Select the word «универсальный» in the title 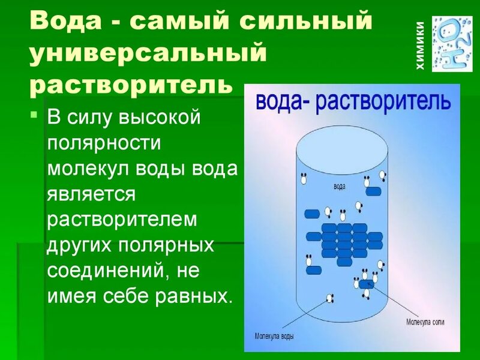coord(148,53)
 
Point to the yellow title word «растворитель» coord(131,85)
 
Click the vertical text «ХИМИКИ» coord(421,46)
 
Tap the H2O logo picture coord(452,44)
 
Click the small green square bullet coord(34,115)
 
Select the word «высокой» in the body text coord(159,117)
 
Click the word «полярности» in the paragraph coord(104,143)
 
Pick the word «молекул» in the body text coord(88,169)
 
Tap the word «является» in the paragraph coord(91,194)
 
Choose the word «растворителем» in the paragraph coord(122,220)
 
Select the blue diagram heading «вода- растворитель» coord(353,103)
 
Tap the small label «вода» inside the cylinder coord(340,187)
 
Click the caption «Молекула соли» coord(425,322)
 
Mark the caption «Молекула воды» coord(274,336)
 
